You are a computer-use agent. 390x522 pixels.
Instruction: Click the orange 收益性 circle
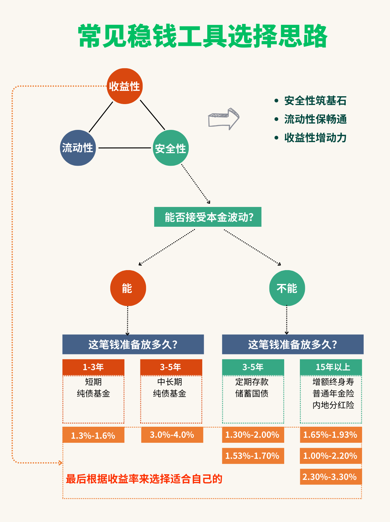pos(125,86)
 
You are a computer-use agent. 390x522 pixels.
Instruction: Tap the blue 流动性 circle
pos(78,148)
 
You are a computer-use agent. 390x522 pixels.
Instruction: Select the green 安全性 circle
pos(171,148)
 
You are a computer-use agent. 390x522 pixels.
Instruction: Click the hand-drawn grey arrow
pos(224,119)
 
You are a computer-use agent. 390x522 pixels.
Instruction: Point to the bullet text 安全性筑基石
pos(315,101)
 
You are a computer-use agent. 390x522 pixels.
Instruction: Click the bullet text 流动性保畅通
pos(315,119)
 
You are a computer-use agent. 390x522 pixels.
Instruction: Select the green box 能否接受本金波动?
pos(208,217)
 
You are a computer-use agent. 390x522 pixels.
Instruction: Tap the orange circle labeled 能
pos(128,288)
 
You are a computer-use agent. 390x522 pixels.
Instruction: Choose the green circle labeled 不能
pos(287,288)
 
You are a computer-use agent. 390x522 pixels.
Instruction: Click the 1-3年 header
pos(93,367)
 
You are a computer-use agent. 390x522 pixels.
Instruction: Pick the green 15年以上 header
pos(331,367)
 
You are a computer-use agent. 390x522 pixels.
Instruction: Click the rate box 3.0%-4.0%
pos(172,435)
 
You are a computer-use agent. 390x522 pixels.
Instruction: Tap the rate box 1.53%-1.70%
pos(253,456)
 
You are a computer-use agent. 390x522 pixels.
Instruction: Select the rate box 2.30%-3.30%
pos(330,477)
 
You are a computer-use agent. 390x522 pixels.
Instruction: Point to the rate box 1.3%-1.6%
pos(93,435)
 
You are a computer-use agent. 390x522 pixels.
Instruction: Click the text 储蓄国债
pos(252,394)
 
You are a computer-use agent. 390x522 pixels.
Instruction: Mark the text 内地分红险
pos(333,405)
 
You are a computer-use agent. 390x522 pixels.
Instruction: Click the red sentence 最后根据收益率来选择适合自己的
pos(144,479)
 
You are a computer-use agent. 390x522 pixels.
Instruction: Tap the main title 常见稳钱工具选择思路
pos(203,36)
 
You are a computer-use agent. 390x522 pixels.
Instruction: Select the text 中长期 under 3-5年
pos(170,382)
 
